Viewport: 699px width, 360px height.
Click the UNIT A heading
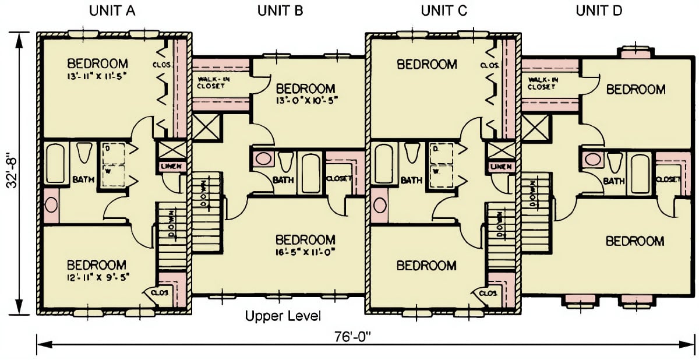click(x=112, y=10)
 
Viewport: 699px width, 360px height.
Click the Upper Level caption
click(x=283, y=317)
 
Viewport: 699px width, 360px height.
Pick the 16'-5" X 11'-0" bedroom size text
click(x=306, y=252)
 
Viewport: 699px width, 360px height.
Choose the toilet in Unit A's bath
click(x=84, y=153)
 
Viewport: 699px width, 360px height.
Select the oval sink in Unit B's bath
click(x=264, y=159)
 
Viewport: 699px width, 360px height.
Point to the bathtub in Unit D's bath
click(x=640, y=173)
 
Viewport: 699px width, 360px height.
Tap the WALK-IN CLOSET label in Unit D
click(x=543, y=83)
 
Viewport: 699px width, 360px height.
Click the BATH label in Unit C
click(x=411, y=181)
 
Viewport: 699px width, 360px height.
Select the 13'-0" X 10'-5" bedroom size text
click(x=306, y=100)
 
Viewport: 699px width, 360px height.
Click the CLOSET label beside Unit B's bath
click(x=338, y=179)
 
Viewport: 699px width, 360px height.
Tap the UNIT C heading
click(x=443, y=10)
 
